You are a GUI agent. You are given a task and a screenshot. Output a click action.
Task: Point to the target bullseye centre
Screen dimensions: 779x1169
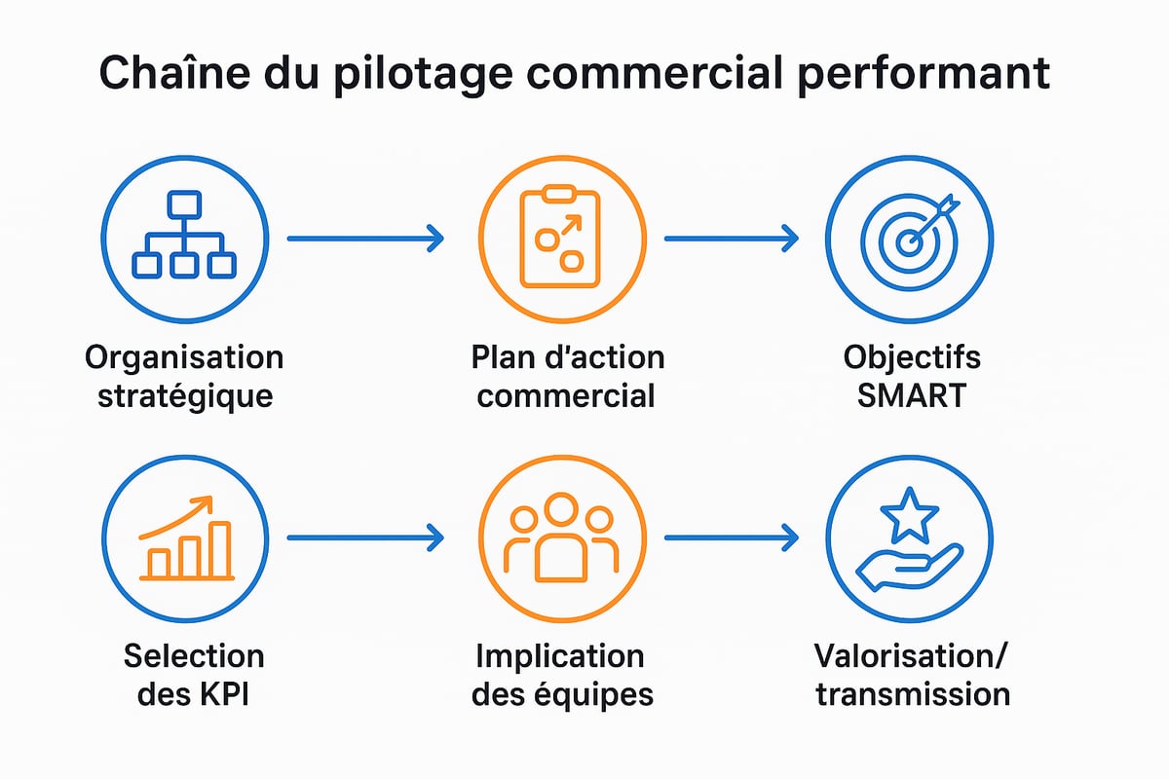908,241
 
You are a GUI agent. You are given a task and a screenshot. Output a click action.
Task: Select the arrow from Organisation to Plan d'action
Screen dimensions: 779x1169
365,238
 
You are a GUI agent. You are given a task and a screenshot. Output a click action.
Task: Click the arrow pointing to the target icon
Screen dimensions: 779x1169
731,238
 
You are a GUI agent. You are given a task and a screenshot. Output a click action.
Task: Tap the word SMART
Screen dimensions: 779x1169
911,396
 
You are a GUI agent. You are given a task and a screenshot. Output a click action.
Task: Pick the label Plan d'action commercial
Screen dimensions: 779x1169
567,377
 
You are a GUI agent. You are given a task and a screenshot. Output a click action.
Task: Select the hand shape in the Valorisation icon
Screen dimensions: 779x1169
906,568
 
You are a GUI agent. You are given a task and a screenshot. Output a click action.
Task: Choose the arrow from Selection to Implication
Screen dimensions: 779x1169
365,537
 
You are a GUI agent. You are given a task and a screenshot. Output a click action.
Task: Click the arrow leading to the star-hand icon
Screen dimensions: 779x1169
731,537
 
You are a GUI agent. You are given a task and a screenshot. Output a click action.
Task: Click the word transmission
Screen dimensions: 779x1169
912,694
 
